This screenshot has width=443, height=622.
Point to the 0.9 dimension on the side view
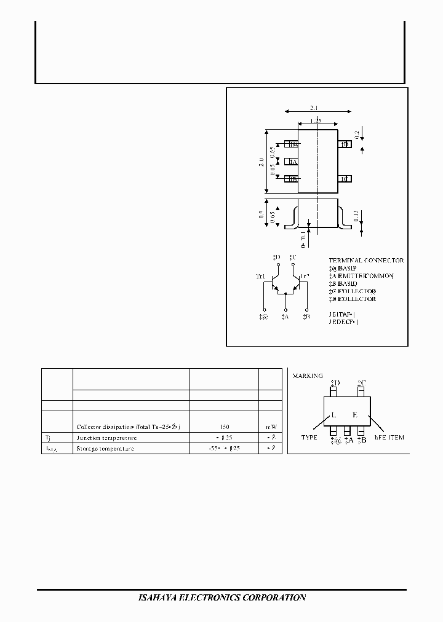click(x=261, y=215)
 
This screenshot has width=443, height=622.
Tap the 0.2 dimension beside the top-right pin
click(x=357, y=134)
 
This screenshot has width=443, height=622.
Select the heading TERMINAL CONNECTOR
click(x=366, y=261)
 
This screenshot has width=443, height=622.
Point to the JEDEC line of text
click(x=343, y=321)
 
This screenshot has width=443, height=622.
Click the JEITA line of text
click(x=343, y=313)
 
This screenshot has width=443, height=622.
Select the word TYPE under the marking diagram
click(x=309, y=437)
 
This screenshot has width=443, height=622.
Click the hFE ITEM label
click(x=389, y=437)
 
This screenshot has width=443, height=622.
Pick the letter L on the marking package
click(x=333, y=415)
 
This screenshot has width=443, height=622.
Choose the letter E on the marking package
click(x=354, y=415)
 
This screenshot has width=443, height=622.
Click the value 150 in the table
click(x=223, y=426)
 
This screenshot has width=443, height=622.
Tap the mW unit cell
click(x=271, y=426)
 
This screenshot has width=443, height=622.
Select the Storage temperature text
click(x=105, y=448)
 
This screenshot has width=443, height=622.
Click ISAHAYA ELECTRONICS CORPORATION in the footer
click(x=220, y=597)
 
